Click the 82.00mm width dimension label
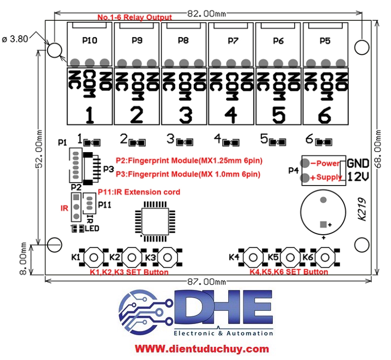click(206, 14)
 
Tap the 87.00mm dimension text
click(206, 282)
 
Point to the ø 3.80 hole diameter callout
click(15, 39)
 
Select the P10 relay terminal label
click(90, 40)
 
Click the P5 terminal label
click(325, 41)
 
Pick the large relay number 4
click(231, 115)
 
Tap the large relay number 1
click(90, 115)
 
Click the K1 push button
click(94, 257)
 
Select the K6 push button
click(325, 257)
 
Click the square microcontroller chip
click(155, 222)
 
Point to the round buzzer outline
click(323, 212)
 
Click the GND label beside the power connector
click(358, 164)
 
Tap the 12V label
click(358, 177)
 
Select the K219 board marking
click(362, 209)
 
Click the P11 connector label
click(105, 205)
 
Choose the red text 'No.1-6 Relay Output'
click(135, 17)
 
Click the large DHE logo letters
click(224, 307)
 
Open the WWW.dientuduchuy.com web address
click(202, 348)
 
